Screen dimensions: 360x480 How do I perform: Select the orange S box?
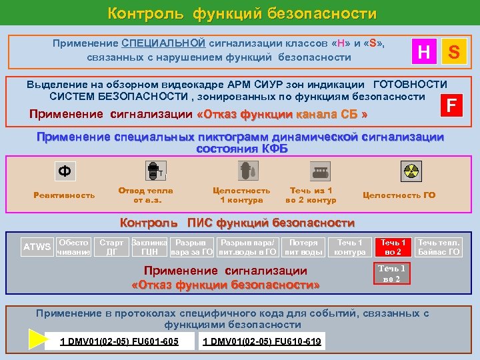tap(453, 50)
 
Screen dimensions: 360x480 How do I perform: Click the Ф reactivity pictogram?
tap(64, 171)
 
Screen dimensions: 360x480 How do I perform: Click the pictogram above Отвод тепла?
tap(154, 171)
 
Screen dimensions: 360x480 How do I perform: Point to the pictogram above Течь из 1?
tap(312, 171)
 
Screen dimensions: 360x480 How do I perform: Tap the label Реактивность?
tap(65, 195)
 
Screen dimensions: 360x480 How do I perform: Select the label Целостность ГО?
tap(399, 195)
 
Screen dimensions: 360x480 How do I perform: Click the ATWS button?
tap(37, 247)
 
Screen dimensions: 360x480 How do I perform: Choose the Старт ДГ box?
tap(111, 247)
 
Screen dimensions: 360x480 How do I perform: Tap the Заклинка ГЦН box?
tap(150, 247)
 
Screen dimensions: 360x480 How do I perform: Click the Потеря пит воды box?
tap(304, 247)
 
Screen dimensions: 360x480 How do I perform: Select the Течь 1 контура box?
tap(350, 247)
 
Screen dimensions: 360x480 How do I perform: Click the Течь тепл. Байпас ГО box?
tap(438, 247)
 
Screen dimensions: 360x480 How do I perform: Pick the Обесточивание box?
tap(73, 247)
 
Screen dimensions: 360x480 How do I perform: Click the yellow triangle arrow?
tap(37, 340)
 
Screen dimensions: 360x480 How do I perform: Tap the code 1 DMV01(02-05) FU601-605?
tap(119, 342)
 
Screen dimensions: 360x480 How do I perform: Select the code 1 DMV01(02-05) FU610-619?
tap(262, 342)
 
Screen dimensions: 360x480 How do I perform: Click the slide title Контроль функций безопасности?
tap(242, 13)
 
